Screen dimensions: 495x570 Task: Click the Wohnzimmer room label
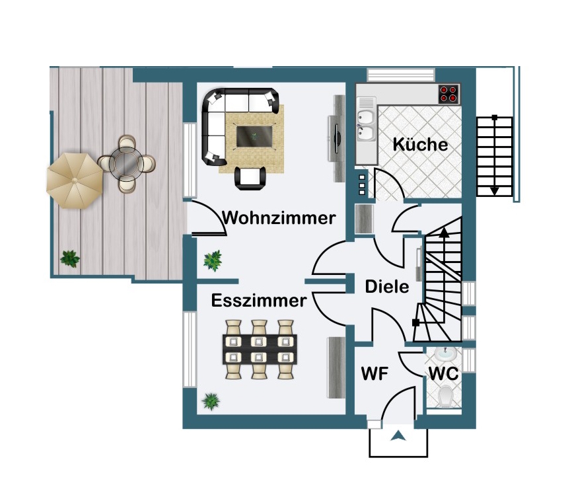pos(279,217)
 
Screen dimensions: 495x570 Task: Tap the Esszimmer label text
pos(259,301)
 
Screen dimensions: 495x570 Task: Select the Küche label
pos(420,144)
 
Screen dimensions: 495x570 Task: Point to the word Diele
pos(387,287)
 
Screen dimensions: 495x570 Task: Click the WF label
pos(374,373)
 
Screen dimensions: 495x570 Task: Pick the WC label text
pos(443,373)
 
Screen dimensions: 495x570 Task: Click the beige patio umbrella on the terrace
pos(74,180)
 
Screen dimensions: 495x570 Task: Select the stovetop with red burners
pos(450,94)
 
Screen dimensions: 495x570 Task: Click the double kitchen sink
pos(365,125)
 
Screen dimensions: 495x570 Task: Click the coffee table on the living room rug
pos(255,135)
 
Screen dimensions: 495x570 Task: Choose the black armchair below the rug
pos(251,176)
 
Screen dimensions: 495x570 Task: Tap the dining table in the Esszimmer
pos(260,349)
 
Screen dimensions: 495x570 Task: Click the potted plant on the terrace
pos(69,258)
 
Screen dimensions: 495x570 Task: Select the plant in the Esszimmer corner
pos(211,400)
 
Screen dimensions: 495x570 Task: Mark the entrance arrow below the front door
pos(398,436)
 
